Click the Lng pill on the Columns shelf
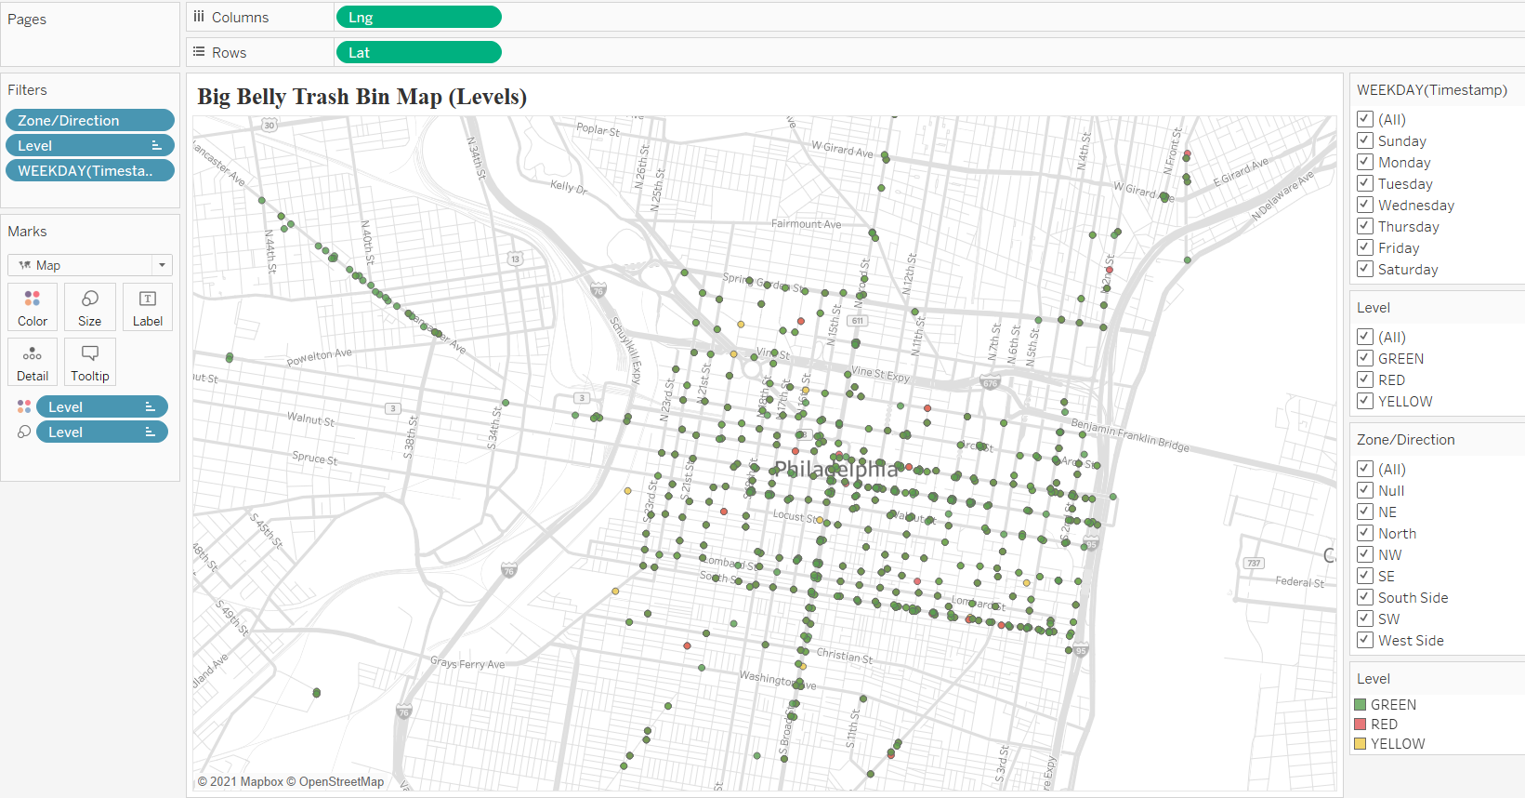coord(417,18)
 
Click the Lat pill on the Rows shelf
coord(417,53)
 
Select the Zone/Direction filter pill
coord(89,121)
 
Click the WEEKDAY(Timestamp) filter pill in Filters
coord(89,171)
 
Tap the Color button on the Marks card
coord(33,307)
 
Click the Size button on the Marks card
coord(90,307)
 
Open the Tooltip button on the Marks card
coord(90,362)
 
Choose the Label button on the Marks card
coord(147,307)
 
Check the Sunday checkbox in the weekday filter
coord(1365,140)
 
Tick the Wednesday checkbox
coord(1365,205)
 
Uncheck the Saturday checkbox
coord(1365,269)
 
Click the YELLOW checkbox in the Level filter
coord(1365,401)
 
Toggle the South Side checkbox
coord(1365,597)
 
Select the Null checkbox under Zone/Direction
coord(1365,490)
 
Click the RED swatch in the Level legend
coord(1361,725)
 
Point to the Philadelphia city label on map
coord(836,469)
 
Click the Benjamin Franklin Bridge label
coord(1130,434)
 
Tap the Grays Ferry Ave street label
coord(467,664)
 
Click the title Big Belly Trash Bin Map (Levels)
coord(362,97)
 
